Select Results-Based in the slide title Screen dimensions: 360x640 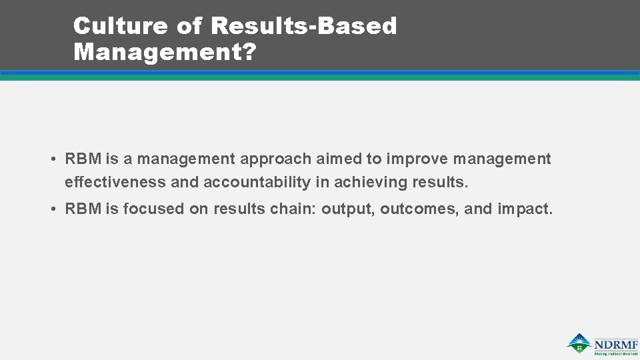tap(303, 26)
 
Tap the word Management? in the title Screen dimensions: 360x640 tap(165, 51)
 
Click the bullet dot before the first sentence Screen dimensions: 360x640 tap(52, 159)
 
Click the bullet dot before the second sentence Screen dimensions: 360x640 tap(52, 209)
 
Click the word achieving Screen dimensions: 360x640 tap(371, 182)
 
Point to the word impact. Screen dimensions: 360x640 tap(525, 209)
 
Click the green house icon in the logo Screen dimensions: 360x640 tap(579, 343)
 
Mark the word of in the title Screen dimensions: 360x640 tap(193, 26)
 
